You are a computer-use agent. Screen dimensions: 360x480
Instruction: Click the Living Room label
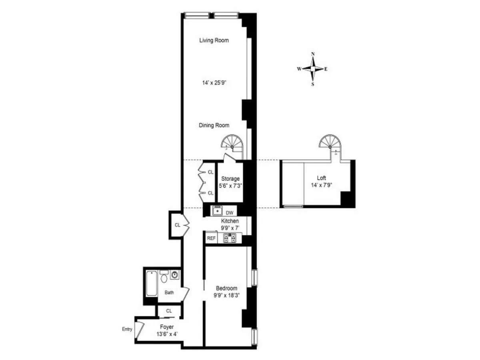point(214,40)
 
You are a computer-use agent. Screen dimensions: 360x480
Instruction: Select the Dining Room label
point(214,125)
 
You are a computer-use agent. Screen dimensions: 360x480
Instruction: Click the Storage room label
point(230,179)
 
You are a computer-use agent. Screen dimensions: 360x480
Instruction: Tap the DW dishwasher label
point(230,212)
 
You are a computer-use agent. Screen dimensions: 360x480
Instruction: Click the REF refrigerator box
point(211,238)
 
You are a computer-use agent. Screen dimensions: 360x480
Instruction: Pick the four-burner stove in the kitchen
point(230,238)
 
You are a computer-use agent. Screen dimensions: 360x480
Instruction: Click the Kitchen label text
point(230,221)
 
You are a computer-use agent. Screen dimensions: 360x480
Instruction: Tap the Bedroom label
point(226,288)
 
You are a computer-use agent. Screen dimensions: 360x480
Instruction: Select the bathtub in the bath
point(151,284)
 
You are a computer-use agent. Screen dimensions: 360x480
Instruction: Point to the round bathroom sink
point(174,275)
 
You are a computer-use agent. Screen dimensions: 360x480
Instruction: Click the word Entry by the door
point(127,329)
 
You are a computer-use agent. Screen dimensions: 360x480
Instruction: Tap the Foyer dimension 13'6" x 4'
point(166,334)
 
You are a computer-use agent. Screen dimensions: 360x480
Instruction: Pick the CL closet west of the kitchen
point(177,225)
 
